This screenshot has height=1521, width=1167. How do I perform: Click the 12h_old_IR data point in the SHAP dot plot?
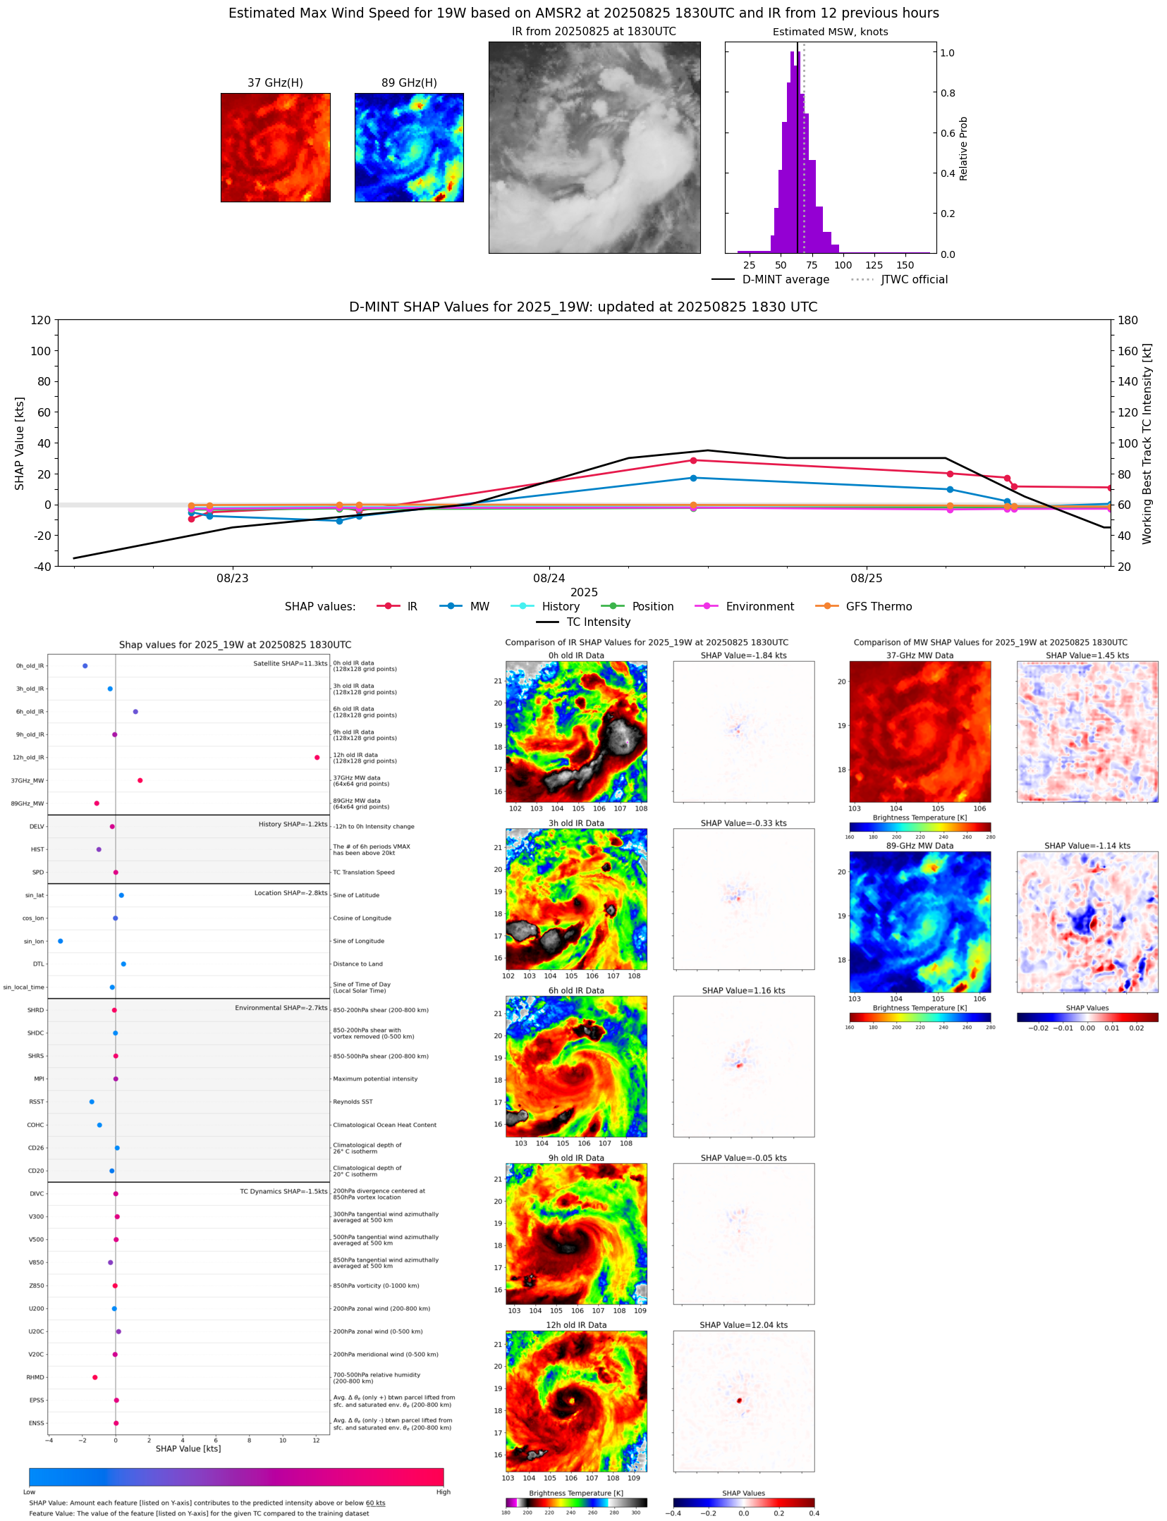(x=317, y=757)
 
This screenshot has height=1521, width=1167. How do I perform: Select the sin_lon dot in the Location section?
(x=61, y=941)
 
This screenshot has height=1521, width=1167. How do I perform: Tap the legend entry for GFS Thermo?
(x=878, y=606)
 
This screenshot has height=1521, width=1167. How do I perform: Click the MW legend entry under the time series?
(x=479, y=606)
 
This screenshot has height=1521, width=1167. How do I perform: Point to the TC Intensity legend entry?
(x=598, y=622)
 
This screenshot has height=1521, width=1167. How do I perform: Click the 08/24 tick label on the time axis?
(x=549, y=578)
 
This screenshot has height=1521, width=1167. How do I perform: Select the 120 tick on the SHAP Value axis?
(x=40, y=320)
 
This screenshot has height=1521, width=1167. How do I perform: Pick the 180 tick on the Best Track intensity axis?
(x=1128, y=320)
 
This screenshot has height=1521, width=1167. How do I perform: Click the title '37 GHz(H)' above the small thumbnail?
(x=275, y=83)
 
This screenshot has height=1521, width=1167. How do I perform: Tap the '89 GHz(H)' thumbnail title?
(x=409, y=83)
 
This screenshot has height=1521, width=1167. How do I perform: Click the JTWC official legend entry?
(x=914, y=279)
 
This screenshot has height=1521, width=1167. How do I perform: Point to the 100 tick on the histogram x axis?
(x=843, y=265)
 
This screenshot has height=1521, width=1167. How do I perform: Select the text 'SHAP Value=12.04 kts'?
(x=743, y=1325)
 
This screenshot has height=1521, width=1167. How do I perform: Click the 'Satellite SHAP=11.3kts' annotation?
(x=290, y=663)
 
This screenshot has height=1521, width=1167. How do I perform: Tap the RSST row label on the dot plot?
(x=36, y=1102)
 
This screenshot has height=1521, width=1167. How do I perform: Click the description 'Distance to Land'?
(x=358, y=963)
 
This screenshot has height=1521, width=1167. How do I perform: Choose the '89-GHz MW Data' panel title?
(x=919, y=846)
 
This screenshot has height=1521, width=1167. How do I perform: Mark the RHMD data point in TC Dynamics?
(x=95, y=1377)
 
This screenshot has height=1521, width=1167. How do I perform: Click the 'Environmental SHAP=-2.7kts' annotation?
(x=281, y=1008)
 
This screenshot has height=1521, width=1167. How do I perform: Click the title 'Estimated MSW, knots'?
(x=830, y=32)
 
